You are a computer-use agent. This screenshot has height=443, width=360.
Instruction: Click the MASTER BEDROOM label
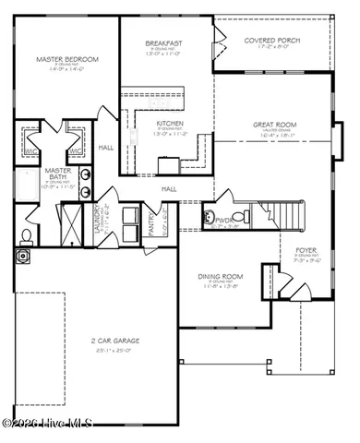(x=66, y=60)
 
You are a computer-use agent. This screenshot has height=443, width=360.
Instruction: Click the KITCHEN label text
(x=170, y=123)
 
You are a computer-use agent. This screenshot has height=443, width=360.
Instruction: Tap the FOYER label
(x=306, y=250)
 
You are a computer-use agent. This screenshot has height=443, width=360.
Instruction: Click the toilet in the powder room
(x=237, y=219)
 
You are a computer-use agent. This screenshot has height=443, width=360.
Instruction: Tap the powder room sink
(x=210, y=219)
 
